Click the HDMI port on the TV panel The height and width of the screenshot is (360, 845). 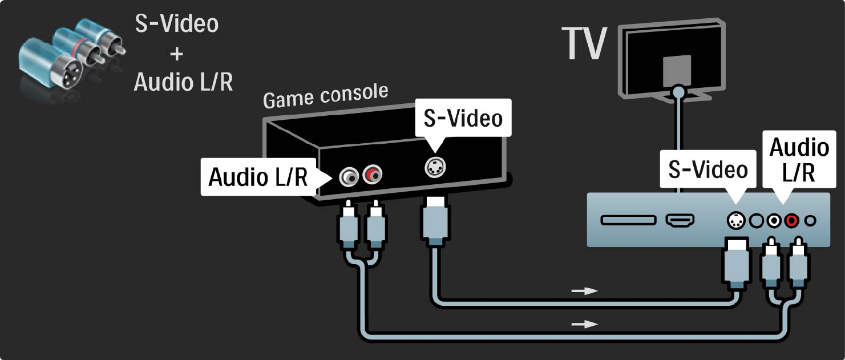(680, 220)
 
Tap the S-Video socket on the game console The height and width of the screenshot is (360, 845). (436, 166)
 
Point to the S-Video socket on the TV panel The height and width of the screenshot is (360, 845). (736, 220)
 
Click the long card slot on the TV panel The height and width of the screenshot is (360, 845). (627, 220)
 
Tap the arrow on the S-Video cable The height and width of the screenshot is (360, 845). (585, 291)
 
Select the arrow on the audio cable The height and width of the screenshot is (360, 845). (585, 324)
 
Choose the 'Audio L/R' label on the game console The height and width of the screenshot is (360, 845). (257, 177)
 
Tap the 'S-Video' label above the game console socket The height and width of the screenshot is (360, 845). (463, 118)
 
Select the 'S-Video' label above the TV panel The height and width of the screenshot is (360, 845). (707, 169)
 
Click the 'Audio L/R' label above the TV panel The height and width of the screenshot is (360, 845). (799, 160)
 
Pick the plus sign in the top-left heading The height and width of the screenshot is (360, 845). (176, 54)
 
